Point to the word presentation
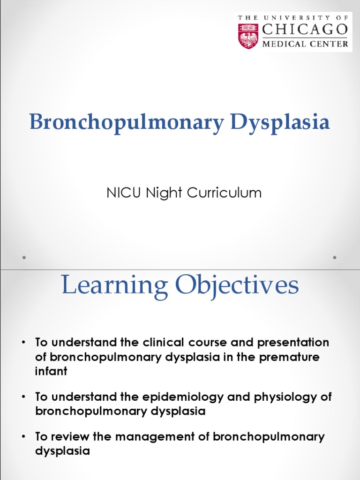[291, 343]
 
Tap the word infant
[52, 372]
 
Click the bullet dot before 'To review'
[23, 437]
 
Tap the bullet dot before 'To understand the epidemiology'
[23, 397]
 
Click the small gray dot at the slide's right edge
[335, 257]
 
